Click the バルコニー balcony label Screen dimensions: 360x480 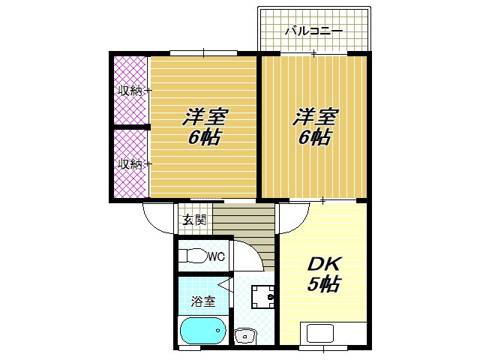(x=314, y=31)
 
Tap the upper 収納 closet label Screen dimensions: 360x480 (x=129, y=91)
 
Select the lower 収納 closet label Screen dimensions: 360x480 (x=129, y=163)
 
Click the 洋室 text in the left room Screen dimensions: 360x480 (x=205, y=118)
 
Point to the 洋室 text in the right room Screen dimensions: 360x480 (x=315, y=118)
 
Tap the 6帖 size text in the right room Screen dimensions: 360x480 (x=314, y=138)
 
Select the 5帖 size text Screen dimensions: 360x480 (x=324, y=285)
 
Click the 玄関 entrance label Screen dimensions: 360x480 (x=193, y=220)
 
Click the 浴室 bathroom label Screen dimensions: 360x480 (x=202, y=302)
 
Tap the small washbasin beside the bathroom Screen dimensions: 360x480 (x=245, y=336)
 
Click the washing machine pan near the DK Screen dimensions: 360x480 (x=262, y=297)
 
